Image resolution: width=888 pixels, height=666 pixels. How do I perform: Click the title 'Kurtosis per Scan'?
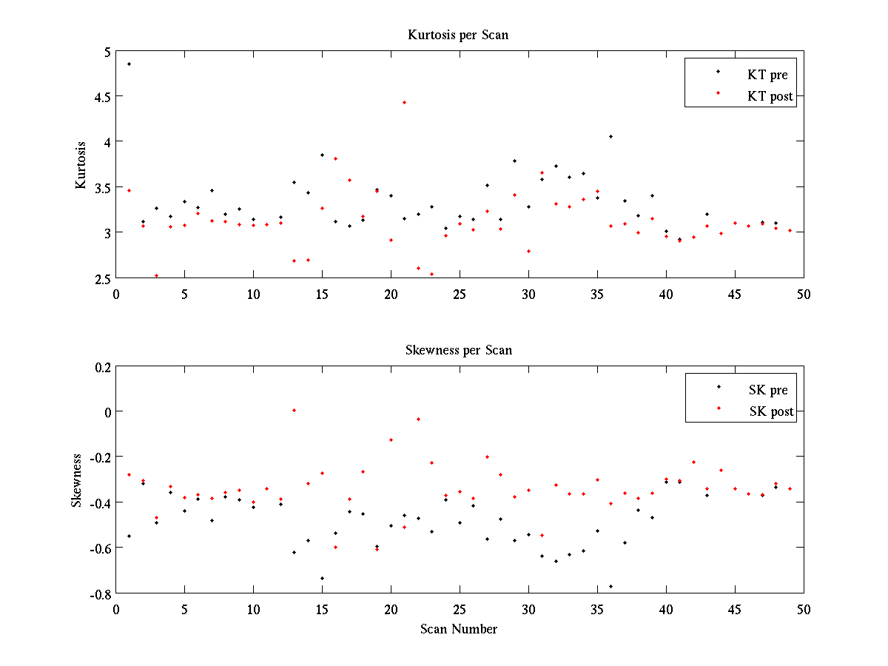[458, 35]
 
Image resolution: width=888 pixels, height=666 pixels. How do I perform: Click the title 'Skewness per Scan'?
[458, 350]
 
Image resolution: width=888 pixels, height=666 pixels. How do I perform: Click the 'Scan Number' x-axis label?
[459, 629]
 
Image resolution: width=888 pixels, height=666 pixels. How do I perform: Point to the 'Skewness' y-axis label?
[77, 480]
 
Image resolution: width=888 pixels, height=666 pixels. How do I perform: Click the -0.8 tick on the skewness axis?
[100, 593]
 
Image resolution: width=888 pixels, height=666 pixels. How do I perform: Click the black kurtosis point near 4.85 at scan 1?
[129, 64]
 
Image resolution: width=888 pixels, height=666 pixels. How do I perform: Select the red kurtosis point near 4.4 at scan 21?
[404, 102]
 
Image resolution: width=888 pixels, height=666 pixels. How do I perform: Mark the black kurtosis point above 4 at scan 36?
[610, 136]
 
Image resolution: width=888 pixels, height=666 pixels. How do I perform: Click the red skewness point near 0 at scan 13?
[294, 410]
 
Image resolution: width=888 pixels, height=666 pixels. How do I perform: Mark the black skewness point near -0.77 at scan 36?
[610, 586]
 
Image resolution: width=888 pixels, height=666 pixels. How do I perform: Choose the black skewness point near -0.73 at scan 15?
[322, 578]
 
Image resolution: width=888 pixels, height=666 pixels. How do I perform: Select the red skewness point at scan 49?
[790, 488]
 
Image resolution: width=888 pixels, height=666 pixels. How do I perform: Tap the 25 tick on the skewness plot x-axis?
[460, 608]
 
